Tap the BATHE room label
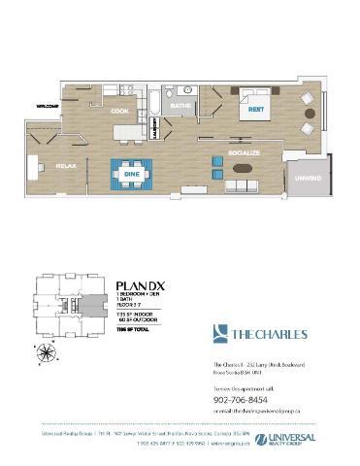click(x=180, y=104)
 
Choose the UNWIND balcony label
click(x=309, y=178)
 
